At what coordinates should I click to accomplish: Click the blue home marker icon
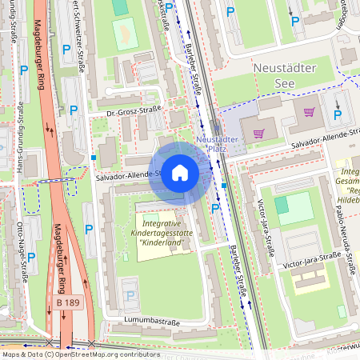tap(180, 173)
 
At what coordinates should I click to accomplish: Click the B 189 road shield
tap(69, 302)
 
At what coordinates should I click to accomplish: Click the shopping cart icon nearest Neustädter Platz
tap(258, 134)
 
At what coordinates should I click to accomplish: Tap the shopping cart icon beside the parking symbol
tap(310, 111)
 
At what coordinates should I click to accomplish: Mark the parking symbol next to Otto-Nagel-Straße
tap(31, 257)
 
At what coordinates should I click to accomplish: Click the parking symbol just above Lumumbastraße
tap(130, 296)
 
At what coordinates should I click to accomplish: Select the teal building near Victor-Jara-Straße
tap(282, 205)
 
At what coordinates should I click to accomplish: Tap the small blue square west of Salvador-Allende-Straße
tap(94, 158)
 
